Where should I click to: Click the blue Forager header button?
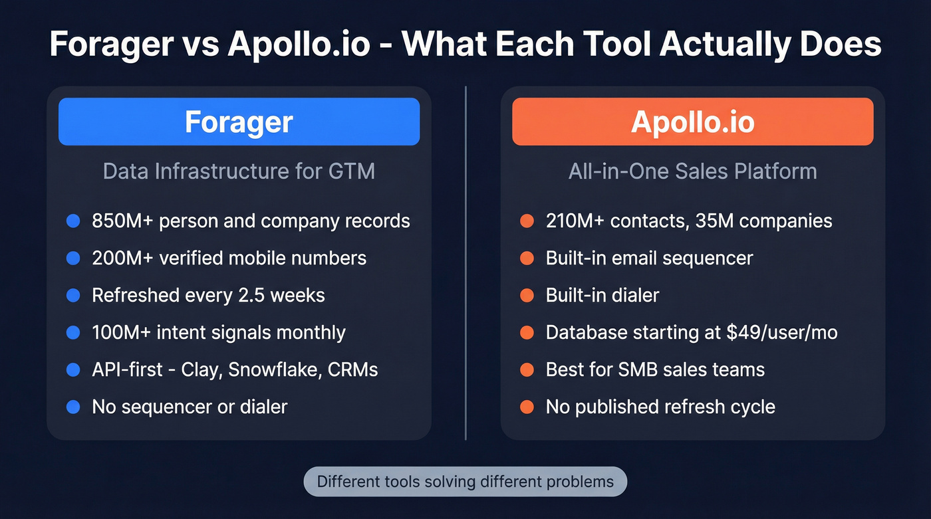(239, 122)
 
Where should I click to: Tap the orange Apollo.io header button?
(692, 122)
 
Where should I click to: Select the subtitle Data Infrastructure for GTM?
(239, 171)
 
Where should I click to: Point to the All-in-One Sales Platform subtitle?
(692, 171)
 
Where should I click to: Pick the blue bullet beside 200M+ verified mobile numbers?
(73, 258)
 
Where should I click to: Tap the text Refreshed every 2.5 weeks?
(208, 295)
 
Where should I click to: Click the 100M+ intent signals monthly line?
(218, 332)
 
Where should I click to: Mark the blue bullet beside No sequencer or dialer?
(73, 407)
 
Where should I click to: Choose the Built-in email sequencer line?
(649, 258)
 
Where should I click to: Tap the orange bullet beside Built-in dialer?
(527, 295)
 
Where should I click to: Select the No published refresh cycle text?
(660, 407)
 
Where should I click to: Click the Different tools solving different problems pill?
(465, 481)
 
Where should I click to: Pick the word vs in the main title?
(199, 44)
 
